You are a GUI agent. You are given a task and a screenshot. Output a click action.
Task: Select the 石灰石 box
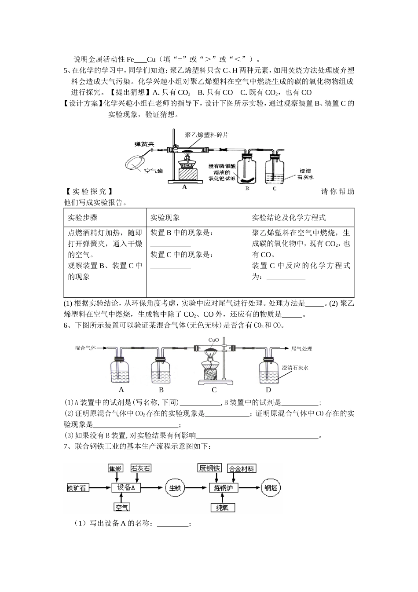[141, 468]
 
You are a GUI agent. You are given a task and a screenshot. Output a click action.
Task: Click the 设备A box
[126, 488]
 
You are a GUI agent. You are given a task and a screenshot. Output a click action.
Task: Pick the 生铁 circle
[176, 488]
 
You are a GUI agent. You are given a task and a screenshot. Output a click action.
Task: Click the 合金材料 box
[242, 468]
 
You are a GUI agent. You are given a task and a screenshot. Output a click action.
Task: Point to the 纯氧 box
[222, 508]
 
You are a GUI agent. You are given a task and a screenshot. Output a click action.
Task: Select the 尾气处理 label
[301, 349]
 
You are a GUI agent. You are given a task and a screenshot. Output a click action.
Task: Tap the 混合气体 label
[85, 348]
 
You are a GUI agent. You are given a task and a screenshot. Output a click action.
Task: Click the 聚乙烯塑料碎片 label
[207, 135]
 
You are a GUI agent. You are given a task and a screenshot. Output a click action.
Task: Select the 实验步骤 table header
[83, 218]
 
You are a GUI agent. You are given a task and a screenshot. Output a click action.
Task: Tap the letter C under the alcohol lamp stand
[214, 390]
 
